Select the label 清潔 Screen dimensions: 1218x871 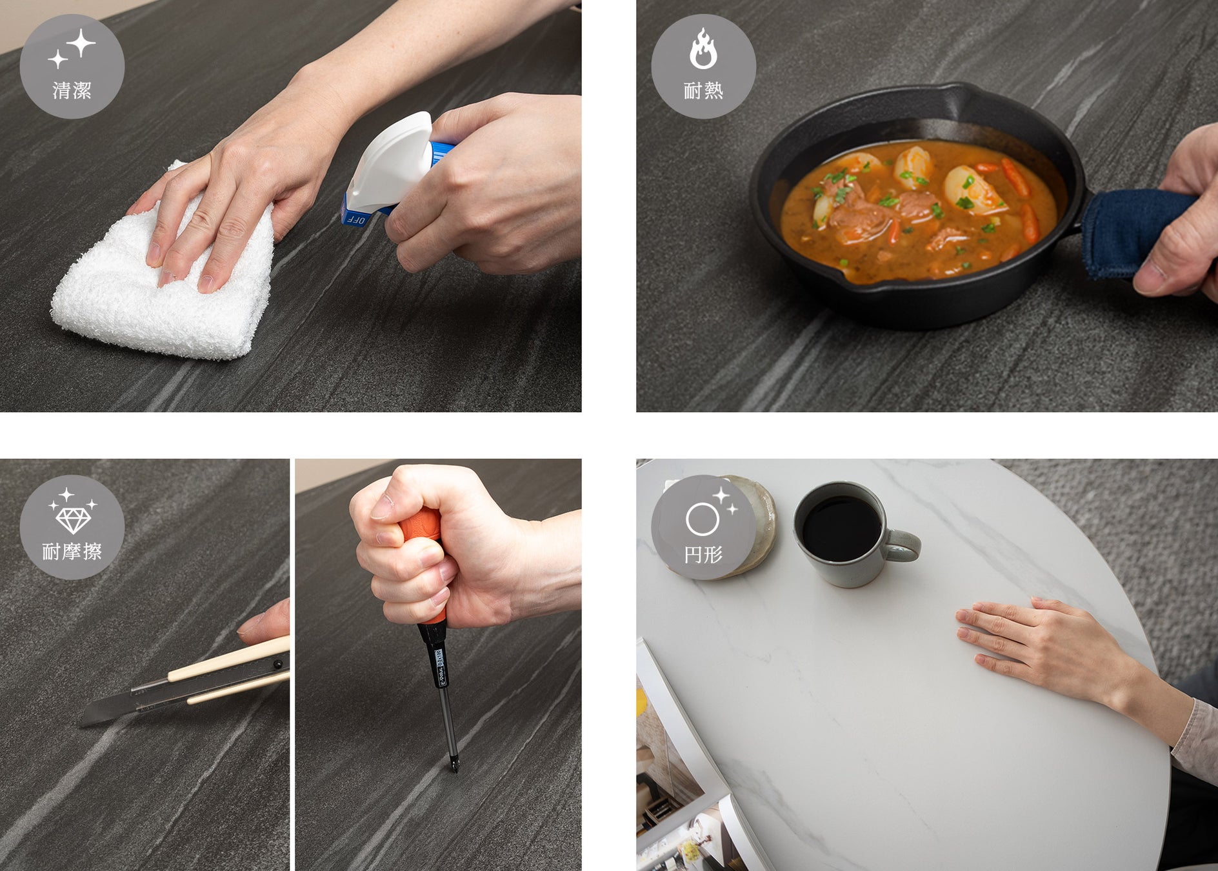[x=72, y=90]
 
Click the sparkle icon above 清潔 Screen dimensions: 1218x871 [x=72, y=48]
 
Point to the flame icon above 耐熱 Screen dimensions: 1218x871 [x=703, y=48]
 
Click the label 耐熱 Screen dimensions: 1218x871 [x=703, y=90]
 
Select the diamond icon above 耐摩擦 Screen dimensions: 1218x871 [x=73, y=513]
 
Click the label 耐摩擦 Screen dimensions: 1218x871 [x=72, y=552]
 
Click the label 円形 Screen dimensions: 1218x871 [x=703, y=554]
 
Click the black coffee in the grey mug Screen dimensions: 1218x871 [x=841, y=528]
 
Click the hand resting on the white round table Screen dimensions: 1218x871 [x=1039, y=645]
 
